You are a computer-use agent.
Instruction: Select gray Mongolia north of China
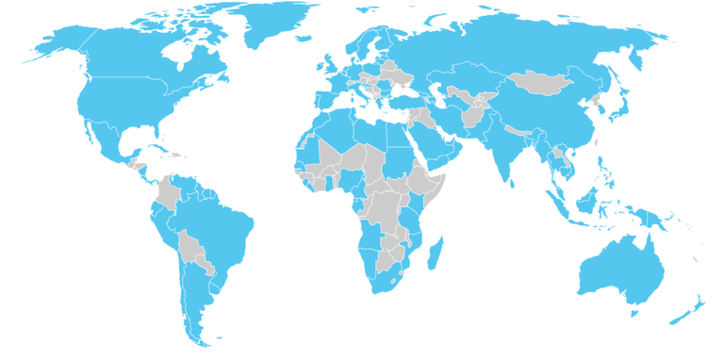(536, 80)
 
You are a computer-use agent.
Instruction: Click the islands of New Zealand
(686, 311)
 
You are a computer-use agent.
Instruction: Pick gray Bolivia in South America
(192, 249)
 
